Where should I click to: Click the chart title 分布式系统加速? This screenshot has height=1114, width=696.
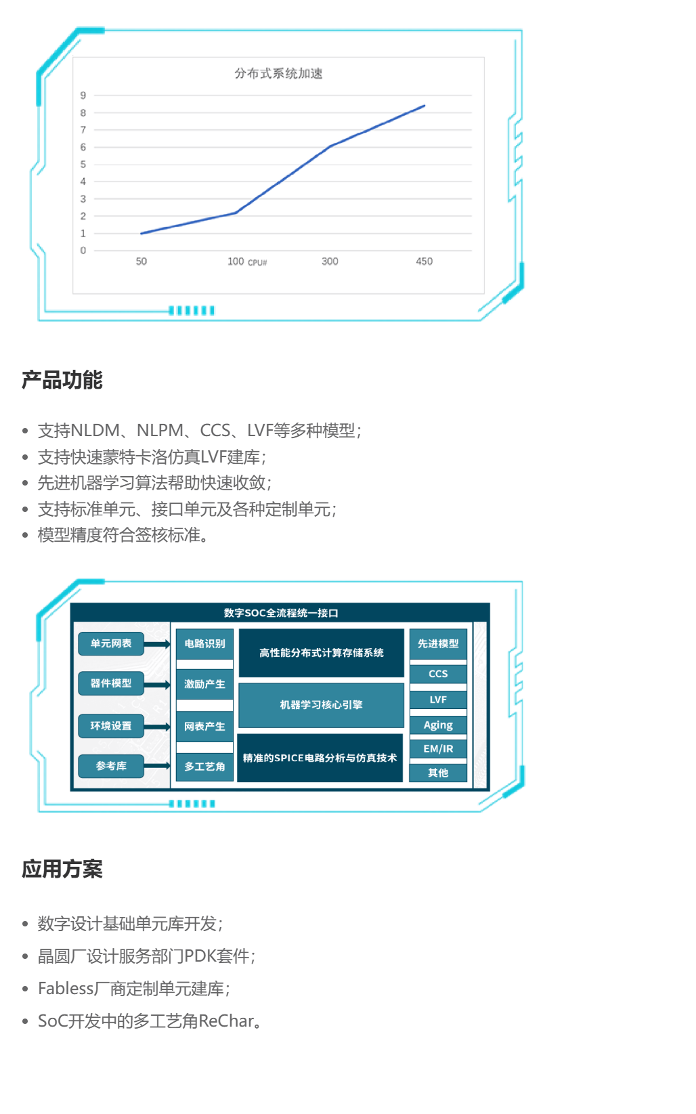tap(278, 73)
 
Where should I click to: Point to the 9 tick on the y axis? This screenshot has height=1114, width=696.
tap(83, 95)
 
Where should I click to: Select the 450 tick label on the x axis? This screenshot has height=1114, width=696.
tap(425, 261)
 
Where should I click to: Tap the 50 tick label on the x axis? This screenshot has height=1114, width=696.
tap(142, 261)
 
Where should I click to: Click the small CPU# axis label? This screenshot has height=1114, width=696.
tap(257, 263)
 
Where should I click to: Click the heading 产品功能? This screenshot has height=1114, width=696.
tap(62, 380)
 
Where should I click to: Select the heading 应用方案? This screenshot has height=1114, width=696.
tap(62, 869)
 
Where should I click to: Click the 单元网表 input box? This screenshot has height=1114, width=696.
tap(111, 643)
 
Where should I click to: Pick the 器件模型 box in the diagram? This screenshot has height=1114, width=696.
tap(111, 683)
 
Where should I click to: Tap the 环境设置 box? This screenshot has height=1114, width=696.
tap(111, 726)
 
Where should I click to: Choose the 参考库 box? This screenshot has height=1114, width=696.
tap(111, 766)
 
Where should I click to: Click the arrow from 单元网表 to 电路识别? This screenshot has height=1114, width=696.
tap(157, 644)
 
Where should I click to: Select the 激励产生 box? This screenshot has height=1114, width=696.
tap(204, 684)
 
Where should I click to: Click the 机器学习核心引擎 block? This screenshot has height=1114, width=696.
tap(321, 705)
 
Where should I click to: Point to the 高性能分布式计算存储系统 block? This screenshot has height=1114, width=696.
tap(321, 653)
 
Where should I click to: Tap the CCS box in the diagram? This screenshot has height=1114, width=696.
tap(438, 674)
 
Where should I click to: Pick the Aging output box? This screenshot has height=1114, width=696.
tap(438, 725)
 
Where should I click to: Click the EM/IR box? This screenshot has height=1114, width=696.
tap(438, 748)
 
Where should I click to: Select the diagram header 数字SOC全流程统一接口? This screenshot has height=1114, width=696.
tap(281, 613)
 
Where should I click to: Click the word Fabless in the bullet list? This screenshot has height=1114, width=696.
tap(66, 989)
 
